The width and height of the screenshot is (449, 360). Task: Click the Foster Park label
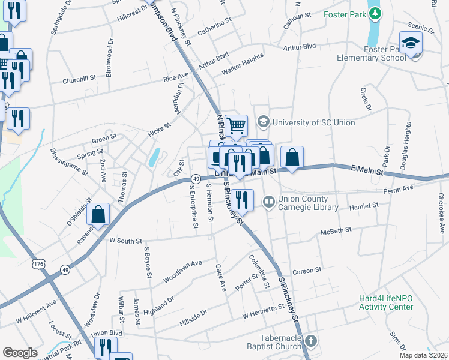pos(344,14)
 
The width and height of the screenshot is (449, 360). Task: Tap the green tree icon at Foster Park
pos(375,13)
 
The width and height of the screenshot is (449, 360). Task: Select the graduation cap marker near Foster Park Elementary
pos(411,43)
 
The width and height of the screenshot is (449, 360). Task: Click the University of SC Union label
pos(313,122)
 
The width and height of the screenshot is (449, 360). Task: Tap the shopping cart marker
pos(237,126)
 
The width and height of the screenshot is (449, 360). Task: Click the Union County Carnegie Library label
pos(303,203)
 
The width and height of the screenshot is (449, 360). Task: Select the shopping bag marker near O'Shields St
pos(98,215)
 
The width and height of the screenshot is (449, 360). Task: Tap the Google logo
pos(20,353)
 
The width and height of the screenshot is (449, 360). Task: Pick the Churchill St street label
pos(79,79)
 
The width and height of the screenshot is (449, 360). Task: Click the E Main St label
pos(367,171)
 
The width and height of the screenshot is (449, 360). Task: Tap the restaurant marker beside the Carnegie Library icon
pos(242,199)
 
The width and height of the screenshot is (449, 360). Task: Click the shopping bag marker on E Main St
pos(292,157)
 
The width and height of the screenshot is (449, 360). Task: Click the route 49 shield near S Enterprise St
pos(196,179)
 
